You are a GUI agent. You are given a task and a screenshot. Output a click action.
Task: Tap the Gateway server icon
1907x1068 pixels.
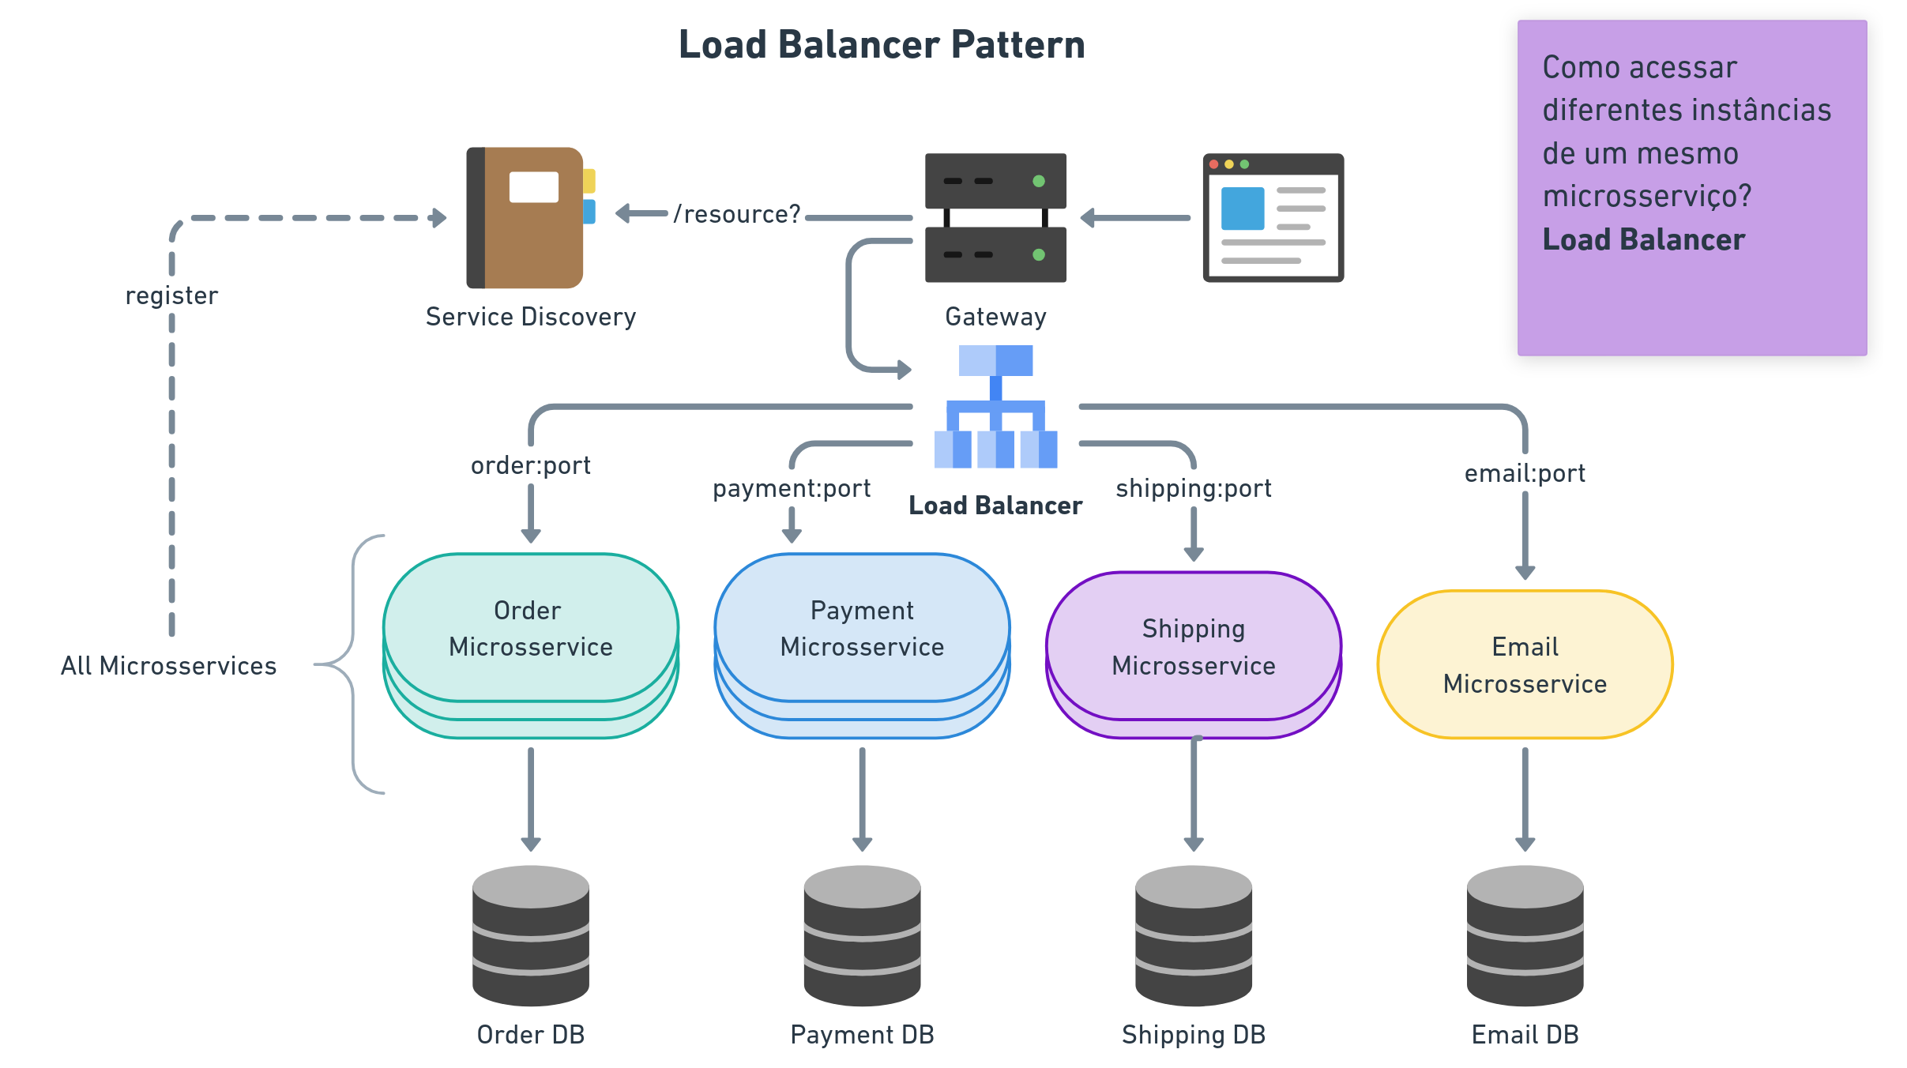995,217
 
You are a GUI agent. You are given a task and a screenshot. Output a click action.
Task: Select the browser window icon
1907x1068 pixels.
1273,217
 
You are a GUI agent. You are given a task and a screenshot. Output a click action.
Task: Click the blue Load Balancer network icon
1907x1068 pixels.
995,407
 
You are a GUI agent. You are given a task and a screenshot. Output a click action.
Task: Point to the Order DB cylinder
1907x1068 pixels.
531,935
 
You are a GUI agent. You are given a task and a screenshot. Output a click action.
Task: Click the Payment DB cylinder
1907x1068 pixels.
862,935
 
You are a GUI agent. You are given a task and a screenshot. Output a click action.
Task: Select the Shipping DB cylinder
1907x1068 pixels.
1194,935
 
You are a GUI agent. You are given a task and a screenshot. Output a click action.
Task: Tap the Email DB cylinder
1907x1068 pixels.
1525,935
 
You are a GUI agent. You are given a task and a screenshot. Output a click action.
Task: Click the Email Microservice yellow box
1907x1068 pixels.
1525,664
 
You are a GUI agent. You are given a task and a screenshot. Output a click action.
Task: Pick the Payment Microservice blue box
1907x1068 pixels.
862,628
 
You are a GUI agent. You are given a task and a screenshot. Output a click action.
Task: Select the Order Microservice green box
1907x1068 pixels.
531,628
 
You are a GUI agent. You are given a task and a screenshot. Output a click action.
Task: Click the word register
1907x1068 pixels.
171,295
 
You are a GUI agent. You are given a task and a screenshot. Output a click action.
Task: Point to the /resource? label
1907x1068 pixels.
737,214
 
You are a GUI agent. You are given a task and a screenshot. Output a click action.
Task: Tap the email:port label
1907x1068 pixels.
1525,473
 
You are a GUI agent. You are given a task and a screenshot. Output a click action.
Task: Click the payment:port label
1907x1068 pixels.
792,488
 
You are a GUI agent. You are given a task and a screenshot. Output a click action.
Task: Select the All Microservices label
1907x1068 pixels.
169,666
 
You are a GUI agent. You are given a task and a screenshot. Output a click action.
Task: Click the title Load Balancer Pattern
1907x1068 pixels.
881,45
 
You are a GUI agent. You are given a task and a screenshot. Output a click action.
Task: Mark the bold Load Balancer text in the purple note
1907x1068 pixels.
1643,239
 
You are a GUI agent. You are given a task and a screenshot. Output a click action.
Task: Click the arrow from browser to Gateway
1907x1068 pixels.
1136,217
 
